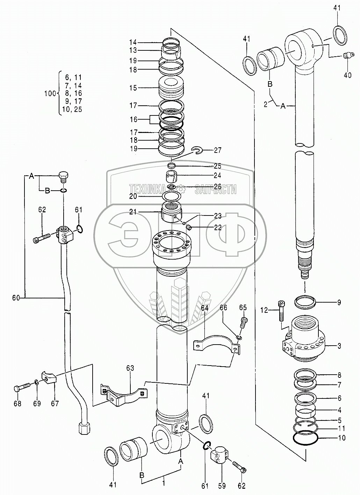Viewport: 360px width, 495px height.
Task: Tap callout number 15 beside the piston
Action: (x=133, y=88)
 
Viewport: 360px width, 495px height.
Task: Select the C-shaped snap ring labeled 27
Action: (x=197, y=150)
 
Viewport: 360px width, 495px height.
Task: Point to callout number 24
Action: (x=217, y=176)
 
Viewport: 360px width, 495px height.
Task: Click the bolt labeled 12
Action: (x=282, y=311)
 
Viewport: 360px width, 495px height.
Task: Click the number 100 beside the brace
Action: (x=50, y=93)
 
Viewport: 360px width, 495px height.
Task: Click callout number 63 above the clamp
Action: (x=130, y=368)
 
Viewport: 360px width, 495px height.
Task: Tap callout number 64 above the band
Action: (x=204, y=308)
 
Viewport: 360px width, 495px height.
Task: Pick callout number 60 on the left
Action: (x=16, y=298)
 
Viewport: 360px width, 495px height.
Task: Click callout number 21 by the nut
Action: (x=133, y=212)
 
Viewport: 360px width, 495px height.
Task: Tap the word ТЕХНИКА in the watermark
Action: (x=147, y=189)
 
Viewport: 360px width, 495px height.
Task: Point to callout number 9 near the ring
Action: (x=339, y=302)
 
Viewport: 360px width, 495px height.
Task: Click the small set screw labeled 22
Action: (x=188, y=227)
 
